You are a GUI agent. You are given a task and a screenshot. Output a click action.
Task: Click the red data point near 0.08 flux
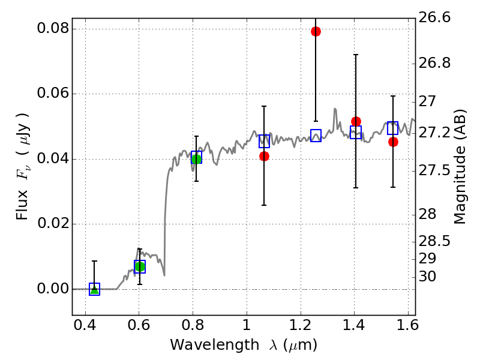(316, 31)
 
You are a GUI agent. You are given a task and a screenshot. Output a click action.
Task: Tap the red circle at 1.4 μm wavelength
(356, 122)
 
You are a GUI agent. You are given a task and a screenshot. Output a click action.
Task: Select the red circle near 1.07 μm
(264, 156)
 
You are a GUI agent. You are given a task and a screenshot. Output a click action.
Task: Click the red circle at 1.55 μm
(393, 142)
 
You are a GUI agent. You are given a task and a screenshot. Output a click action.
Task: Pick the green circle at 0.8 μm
(196, 158)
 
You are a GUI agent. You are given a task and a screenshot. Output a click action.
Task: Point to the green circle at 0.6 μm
(140, 266)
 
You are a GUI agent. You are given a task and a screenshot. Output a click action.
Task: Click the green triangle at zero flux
(94, 289)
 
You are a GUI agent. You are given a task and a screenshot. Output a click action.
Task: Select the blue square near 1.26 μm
(316, 136)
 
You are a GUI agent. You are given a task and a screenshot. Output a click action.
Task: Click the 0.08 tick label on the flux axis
(53, 29)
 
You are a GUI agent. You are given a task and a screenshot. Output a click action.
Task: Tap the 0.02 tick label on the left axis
(53, 224)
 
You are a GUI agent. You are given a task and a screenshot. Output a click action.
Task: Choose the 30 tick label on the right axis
(428, 277)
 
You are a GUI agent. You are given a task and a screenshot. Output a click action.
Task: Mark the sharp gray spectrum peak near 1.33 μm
(334, 109)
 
